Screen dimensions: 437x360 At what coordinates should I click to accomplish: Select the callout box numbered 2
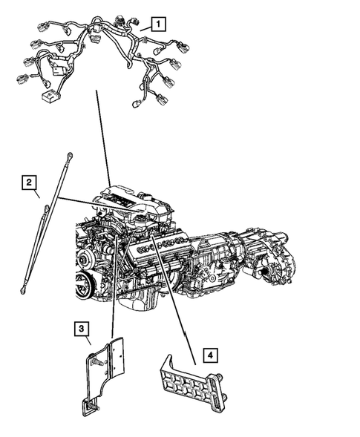point(28,182)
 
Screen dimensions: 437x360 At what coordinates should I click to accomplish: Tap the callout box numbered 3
point(81,328)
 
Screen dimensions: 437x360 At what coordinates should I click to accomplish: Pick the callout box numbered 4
point(212,355)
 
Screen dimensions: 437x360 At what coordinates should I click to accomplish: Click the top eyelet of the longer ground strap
point(69,155)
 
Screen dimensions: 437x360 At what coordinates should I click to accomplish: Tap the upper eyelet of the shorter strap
point(48,208)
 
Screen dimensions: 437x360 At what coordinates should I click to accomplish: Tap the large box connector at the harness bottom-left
point(50,97)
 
